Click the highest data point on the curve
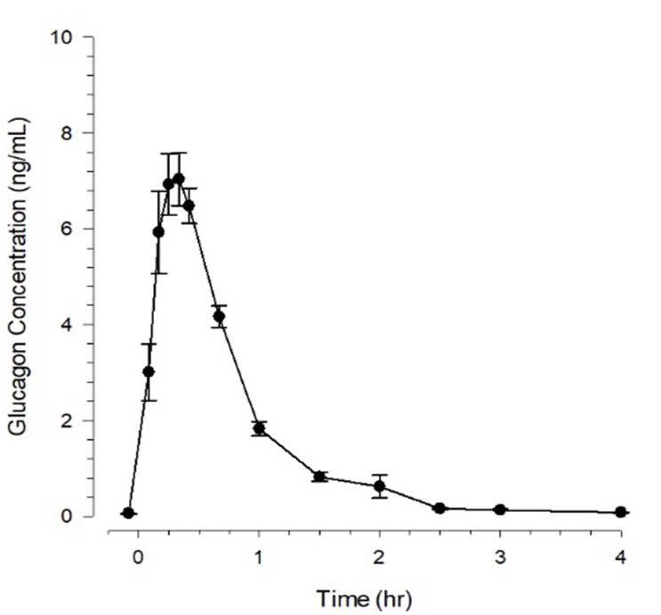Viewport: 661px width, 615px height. click(x=179, y=179)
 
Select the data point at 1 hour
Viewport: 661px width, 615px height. click(x=259, y=428)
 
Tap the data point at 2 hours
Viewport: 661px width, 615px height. click(x=380, y=486)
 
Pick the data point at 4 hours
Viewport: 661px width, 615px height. click(x=621, y=512)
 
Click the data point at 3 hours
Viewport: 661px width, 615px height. click(x=500, y=509)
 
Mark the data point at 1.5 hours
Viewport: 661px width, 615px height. click(x=319, y=476)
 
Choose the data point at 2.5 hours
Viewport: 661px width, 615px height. click(x=439, y=508)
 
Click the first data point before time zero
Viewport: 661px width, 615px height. click(x=128, y=513)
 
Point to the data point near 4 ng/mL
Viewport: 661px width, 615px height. click(x=219, y=316)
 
